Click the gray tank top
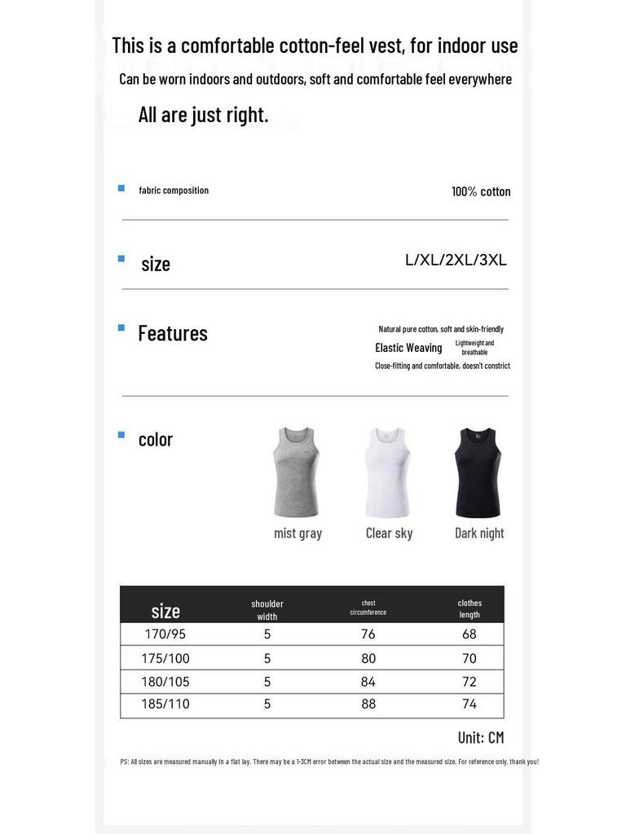297,472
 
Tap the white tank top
387,472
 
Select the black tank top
478,472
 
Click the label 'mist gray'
298,533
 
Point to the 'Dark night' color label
479,533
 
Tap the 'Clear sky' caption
389,533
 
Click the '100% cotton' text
481,191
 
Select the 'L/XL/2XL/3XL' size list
456,261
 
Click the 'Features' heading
173,333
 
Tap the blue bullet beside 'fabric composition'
121,188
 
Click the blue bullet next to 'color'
121,435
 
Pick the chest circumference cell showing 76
368,634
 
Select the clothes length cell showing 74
469,705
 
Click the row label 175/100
165,658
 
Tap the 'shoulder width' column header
267,610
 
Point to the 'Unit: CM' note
481,738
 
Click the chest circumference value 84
368,682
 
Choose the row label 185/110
165,705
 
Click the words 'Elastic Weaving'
408,348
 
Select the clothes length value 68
469,634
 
